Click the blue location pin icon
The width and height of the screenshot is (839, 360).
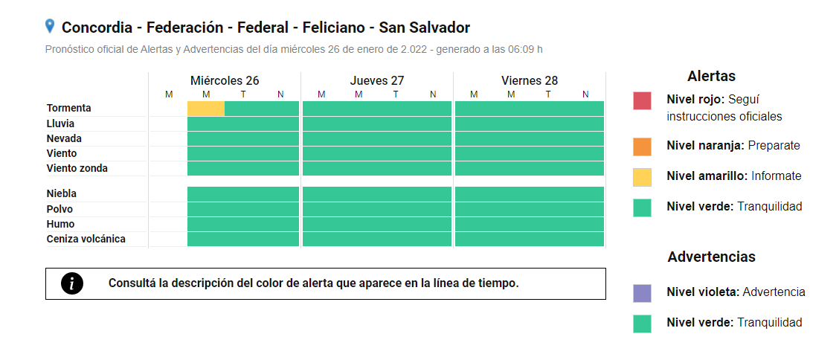point(50,27)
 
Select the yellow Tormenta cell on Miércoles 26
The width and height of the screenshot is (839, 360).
point(206,109)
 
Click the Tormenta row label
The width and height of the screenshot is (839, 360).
point(68,109)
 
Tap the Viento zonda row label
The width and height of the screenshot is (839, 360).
point(77,168)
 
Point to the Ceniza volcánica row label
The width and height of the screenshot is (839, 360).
point(86,239)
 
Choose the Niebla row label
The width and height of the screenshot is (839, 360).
point(62,193)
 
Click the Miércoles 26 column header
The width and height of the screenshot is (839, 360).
point(225,80)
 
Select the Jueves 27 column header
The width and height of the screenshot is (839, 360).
point(377,80)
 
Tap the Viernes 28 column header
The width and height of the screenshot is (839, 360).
point(530,80)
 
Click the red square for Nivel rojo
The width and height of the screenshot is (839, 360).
point(642,100)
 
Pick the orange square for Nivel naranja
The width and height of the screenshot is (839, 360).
point(642,147)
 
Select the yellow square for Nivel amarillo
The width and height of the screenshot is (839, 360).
point(642,177)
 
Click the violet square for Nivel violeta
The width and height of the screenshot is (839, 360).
point(642,293)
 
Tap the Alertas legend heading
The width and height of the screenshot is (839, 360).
point(711,76)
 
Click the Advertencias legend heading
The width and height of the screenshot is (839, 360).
point(711,257)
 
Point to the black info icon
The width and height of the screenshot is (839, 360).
point(72,283)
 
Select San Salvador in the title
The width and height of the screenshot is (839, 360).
point(424,28)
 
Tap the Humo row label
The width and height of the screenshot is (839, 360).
point(60,224)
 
